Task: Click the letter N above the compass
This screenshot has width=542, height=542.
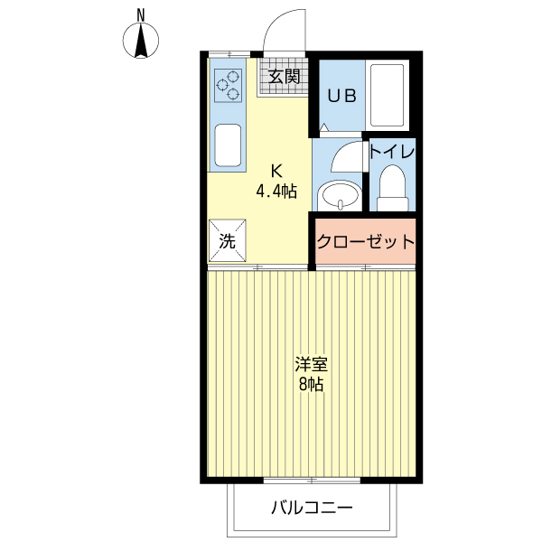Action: pyautogui.click(x=141, y=14)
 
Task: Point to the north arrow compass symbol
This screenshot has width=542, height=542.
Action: pyautogui.click(x=141, y=41)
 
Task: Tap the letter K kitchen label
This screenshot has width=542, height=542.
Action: pyautogui.click(x=276, y=170)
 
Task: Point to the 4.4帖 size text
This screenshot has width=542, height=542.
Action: pyautogui.click(x=276, y=191)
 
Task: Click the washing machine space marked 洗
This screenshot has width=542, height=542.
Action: pyautogui.click(x=228, y=240)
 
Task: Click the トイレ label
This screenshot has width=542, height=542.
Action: pyautogui.click(x=392, y=152)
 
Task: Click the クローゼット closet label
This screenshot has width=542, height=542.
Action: pyautogui.click(x=365, y=241)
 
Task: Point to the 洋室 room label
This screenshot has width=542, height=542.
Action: pyautogui.click(x=312, y=365)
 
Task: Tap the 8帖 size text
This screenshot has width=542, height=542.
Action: pyautogui.click(x=312, y=386)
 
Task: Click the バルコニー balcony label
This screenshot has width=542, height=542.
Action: pyautogui.click(x=312, y=507)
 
